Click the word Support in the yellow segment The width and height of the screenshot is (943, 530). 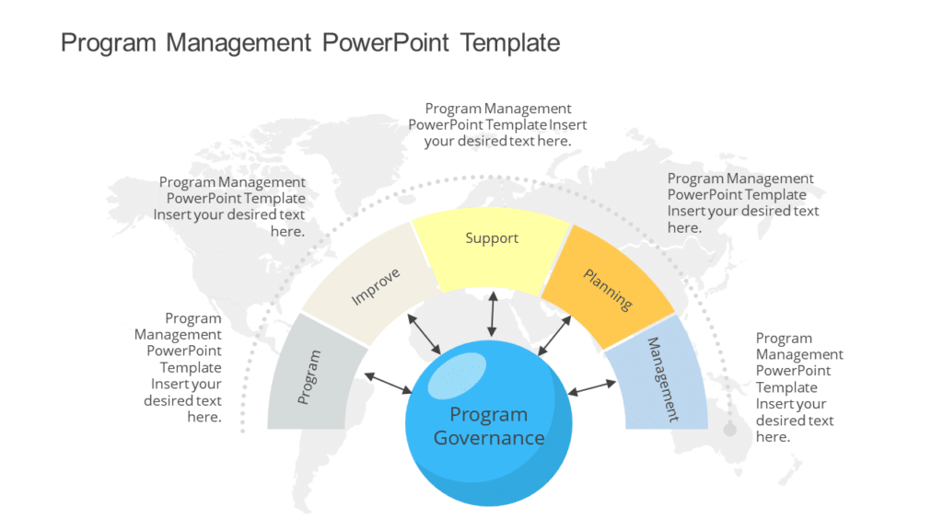point(492,238)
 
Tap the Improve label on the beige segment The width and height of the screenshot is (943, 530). point(376,287)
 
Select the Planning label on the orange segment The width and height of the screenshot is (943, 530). point(608,289)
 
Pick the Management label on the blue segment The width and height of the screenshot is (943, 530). point(662,379)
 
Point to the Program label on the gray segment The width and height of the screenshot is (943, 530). point(309,377)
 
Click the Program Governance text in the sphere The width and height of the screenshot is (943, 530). point(489,426)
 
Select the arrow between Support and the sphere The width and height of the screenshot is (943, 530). point(493,315)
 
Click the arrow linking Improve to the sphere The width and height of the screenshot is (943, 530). point(425,333)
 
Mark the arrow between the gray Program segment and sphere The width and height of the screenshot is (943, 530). point(388,384)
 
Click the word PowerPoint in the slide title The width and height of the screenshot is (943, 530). point(386,42)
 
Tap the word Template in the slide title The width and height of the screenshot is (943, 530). point(510,42)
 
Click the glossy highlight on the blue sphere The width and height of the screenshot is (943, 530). point(457,374)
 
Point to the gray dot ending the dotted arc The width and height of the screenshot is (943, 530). point(730,430)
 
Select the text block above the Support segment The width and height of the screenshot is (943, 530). point(498,125)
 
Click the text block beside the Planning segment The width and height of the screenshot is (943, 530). point(742,202)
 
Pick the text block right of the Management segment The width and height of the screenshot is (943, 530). point(798,387)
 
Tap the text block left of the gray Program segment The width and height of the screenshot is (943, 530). point(180,367)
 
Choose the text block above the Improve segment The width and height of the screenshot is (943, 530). point(230,206)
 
